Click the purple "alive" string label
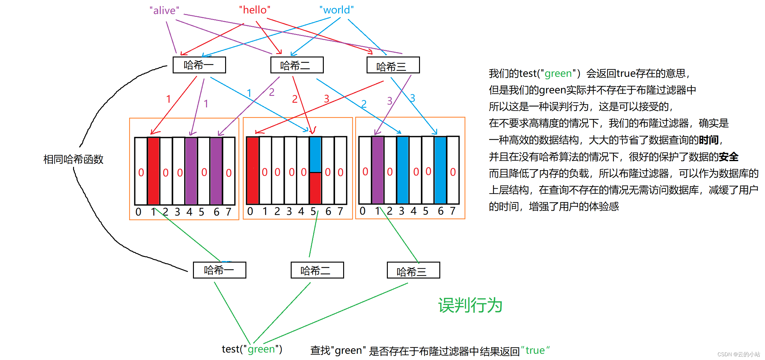pos(164,11)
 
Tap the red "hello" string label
pos(254,10)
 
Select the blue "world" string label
pos(336,10)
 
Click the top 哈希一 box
pos(199,65)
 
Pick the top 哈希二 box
pos(297,65)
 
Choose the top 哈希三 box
pos(393,65)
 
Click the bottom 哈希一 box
pos(220,270)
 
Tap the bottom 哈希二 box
pos(317,270)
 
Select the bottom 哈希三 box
pos(413,270)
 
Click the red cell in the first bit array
pos(153,171)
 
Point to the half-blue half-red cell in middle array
pos(315,170)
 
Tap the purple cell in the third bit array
pos(378,170)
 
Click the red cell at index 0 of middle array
pos(253,170)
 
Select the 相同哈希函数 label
pos(73,159)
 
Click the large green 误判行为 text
pos(470,305)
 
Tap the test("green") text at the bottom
pos(252,349)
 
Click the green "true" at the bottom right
pos(535,350)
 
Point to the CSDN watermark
pos(738,354)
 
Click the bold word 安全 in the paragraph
pos(728,157)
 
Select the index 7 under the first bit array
pos(229,212)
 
